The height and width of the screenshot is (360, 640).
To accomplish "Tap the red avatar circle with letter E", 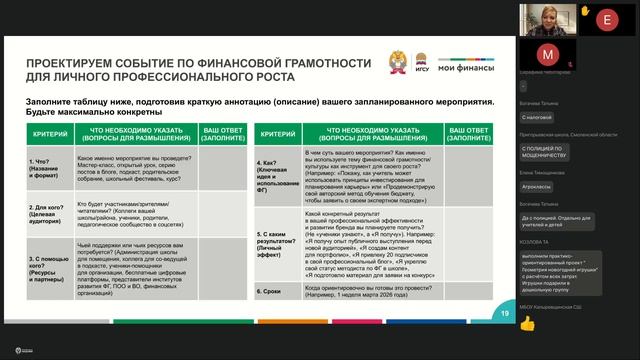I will [606, 18].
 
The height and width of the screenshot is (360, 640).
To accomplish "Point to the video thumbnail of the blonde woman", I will [546, 18].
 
